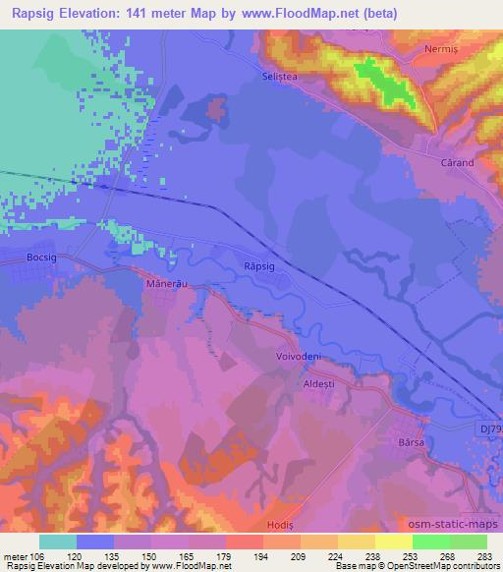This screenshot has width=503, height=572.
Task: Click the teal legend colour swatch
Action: (x=58, y=542)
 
